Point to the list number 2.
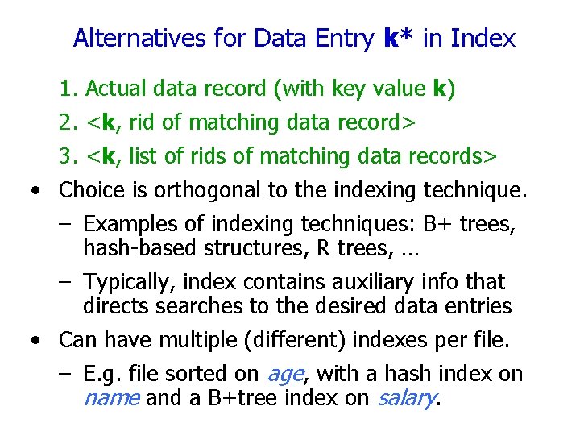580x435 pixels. point(67,123)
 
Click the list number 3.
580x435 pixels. point(67,156)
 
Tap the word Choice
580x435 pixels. point(92,191)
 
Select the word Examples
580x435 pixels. point(130,224)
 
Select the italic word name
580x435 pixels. point(112,397)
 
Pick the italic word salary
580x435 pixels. point(405,398)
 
